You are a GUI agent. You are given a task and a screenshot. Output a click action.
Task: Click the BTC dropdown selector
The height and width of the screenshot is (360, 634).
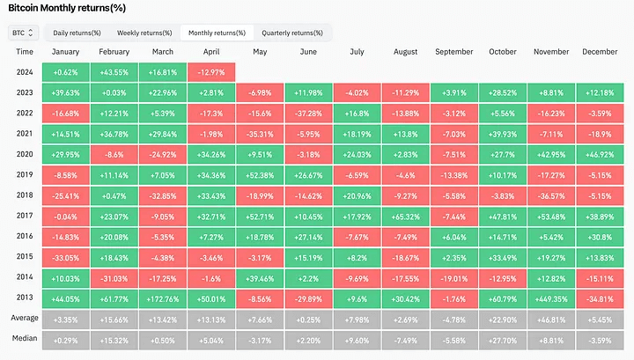click(23, 33)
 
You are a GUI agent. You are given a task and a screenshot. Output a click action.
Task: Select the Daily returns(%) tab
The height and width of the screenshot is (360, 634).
click(78, 33)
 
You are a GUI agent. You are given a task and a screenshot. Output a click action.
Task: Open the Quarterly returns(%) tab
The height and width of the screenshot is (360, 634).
click(291, 33)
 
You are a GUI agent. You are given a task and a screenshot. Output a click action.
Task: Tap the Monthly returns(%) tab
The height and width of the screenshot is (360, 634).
click(217, 33)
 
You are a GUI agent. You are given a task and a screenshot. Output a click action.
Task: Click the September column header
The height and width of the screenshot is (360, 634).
click(454, 52)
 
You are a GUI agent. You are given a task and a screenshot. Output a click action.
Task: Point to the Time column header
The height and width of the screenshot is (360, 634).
click(24, 52)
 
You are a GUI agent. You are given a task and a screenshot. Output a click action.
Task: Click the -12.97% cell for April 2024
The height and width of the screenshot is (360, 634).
click(211, 72)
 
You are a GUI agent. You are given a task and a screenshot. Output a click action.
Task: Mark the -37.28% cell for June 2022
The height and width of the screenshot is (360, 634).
click(308, 114)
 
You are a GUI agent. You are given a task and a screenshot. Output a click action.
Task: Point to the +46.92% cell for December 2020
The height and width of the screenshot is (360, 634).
click(600, 153)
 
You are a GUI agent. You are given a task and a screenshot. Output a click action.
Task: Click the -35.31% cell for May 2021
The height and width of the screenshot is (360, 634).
click(260, 133)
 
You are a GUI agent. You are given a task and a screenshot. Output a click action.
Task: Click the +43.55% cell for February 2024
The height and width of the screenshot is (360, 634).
click(114, 72)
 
